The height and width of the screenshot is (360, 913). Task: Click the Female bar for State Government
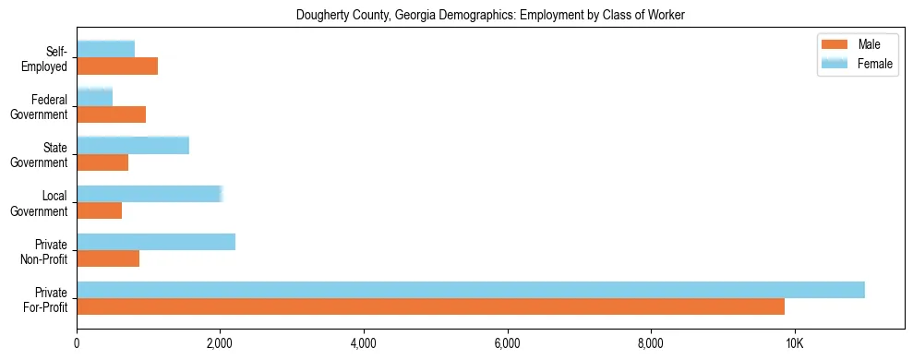[x=133, y=145]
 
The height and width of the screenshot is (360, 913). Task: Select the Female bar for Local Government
[x=150, y=194]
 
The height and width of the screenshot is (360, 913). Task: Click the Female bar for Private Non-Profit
[x=156, y=242]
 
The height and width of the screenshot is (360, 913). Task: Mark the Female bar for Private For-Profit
[x=471, y=290]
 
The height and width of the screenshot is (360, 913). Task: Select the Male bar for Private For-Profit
[x=430, y=307]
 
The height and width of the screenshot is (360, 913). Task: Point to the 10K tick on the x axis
[x=794, y=343]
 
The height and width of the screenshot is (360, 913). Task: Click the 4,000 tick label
[x=364, y=343]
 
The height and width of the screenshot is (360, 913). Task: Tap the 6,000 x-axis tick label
[x=507, y=343]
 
